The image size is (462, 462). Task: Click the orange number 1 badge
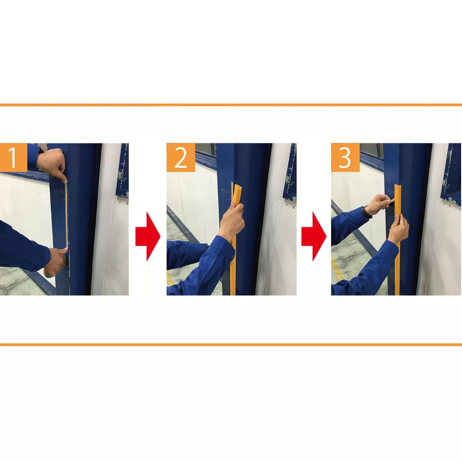coord(14,157)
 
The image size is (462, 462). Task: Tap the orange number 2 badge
coord(181,157)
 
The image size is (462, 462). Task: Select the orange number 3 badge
coord(345,157)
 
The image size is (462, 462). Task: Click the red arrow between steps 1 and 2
coord(148,236)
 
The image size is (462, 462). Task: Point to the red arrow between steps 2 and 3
coord(314,236)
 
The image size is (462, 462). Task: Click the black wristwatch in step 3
coord(367,213)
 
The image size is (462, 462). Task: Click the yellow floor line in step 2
coord(171,278)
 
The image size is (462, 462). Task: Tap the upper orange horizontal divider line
coord(231,105)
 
